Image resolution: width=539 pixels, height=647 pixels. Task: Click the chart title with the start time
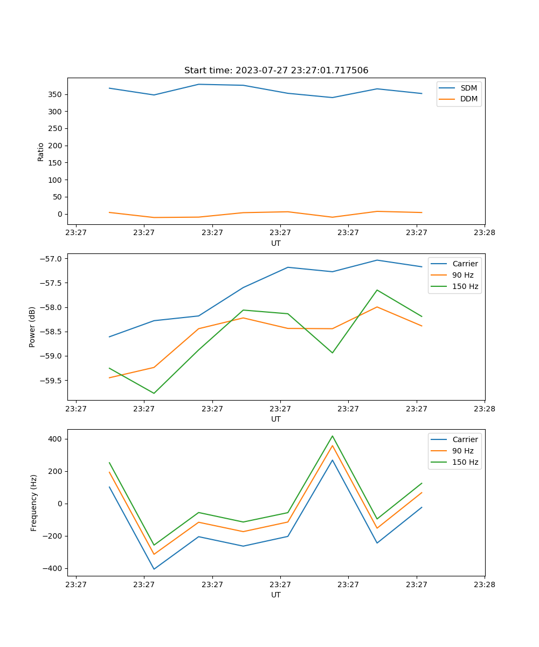pos(276,71)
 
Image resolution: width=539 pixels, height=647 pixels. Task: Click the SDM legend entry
pos(468,88)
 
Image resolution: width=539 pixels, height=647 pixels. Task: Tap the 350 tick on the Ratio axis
pos(56,94)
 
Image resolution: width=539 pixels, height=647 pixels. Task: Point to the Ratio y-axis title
pos(41,152)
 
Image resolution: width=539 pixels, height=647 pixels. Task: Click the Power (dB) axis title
pos(32,327)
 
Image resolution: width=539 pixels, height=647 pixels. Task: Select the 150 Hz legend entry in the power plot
pos(465,286)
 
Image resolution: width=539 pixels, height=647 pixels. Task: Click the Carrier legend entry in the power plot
pos(465,264)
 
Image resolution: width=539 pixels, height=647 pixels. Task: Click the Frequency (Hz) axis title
pos(34,503)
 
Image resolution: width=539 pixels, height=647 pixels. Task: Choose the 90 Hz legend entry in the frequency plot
pos(463,451)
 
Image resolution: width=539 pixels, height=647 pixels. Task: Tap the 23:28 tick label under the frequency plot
pos(484,584)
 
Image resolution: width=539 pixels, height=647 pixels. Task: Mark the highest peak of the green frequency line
pos(333,436)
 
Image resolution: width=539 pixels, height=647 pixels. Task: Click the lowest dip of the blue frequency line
pos(154,569)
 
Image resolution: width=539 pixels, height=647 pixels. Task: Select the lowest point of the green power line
pos(154,393)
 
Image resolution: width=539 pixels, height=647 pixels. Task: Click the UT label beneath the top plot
pos(276,243)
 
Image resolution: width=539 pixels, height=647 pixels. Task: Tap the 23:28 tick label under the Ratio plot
pos(484,232)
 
